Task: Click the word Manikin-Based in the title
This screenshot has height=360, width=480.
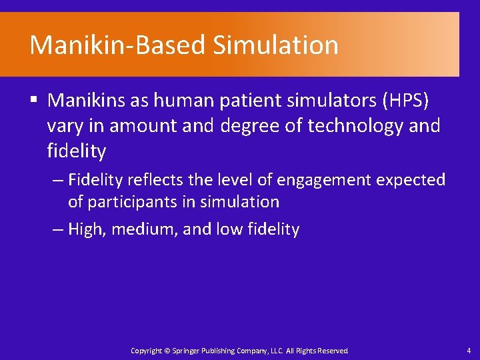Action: coord(118,45)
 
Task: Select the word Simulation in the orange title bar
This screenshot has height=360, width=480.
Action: coord(276,45)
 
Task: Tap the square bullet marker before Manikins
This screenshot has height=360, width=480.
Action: coord(33,101)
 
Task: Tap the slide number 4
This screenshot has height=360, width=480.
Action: coord(468,350)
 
